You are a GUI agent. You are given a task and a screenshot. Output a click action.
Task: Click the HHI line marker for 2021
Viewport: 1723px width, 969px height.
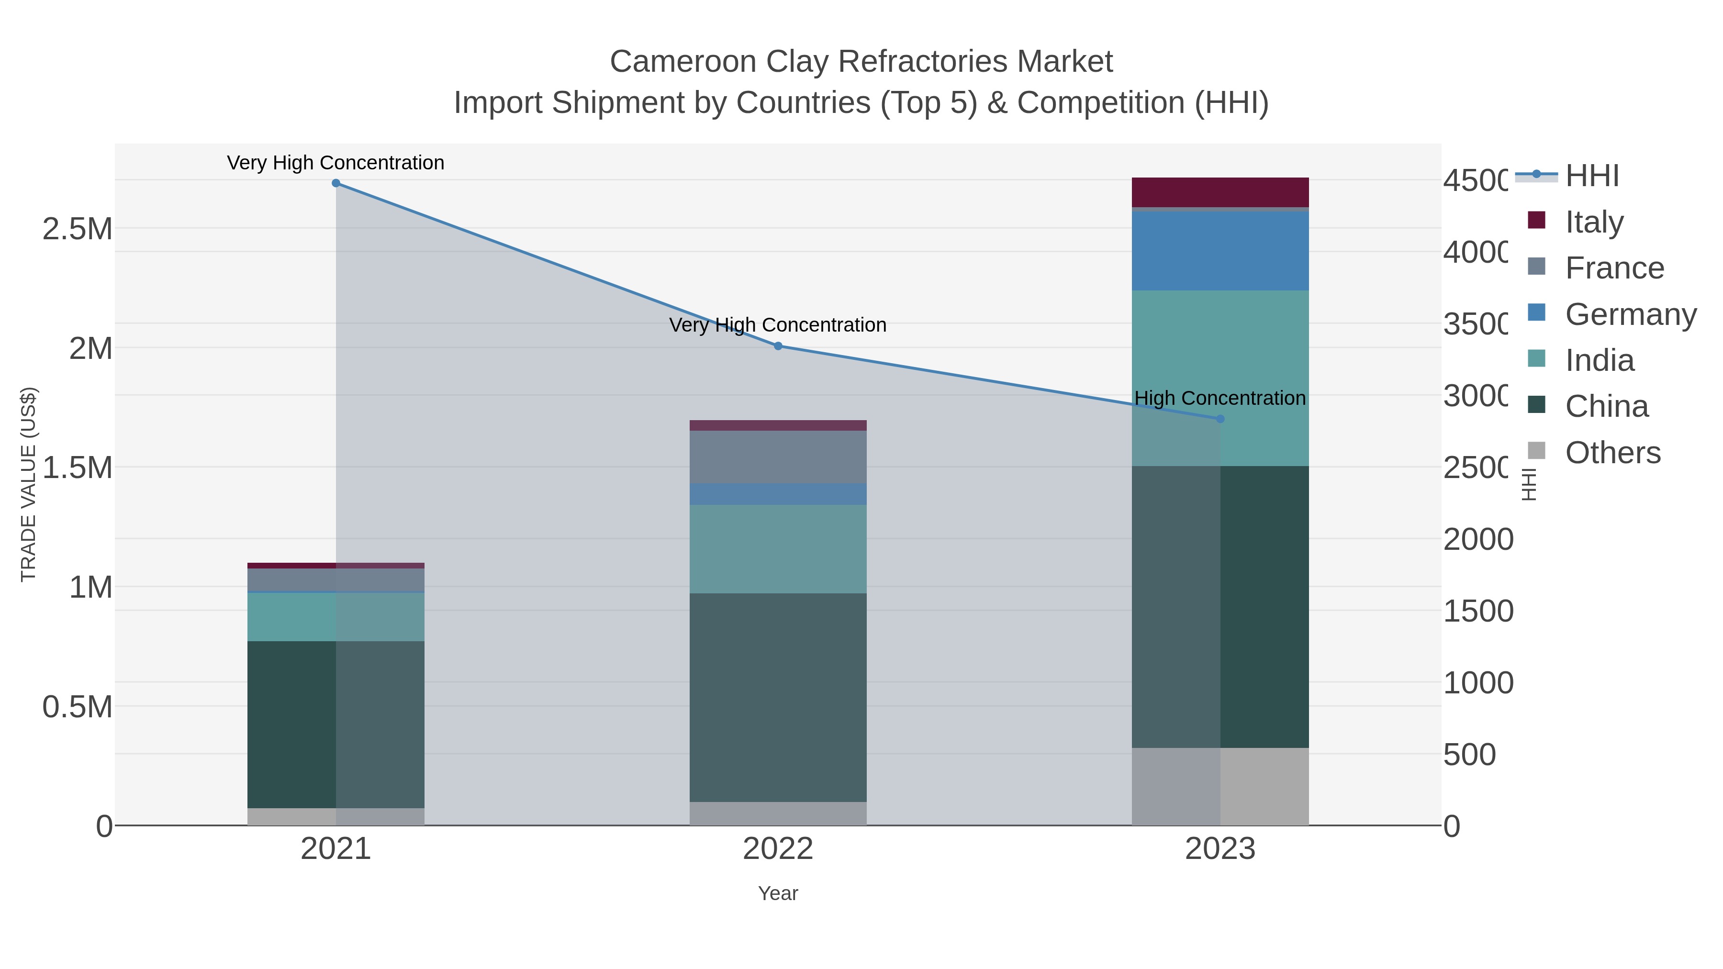(336, 183)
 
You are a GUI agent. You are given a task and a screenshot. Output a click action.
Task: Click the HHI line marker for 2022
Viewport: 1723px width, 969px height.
(778, 346)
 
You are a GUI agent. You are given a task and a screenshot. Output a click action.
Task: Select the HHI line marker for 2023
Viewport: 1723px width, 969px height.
(1220, 419)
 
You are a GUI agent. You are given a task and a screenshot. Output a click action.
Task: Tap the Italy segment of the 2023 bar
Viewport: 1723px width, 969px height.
(1220, 192)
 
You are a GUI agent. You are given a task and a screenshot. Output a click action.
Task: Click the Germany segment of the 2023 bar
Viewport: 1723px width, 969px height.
(1220, 251)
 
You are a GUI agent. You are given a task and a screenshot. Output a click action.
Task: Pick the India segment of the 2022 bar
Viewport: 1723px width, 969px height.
(778, 549)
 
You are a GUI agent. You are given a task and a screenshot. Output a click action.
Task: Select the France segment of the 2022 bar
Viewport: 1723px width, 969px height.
(778, 457)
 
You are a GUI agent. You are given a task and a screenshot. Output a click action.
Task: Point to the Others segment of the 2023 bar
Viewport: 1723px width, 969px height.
(1220, 786)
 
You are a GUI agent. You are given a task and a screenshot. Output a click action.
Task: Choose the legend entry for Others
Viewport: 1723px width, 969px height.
(1612, 453)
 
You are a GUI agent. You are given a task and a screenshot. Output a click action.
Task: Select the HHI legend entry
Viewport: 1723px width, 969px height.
(1591, 176)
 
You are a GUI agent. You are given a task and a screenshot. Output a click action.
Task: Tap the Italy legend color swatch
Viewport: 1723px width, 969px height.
(1536, 221)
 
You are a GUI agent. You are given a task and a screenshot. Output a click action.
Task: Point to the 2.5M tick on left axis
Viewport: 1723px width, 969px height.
(78, 229)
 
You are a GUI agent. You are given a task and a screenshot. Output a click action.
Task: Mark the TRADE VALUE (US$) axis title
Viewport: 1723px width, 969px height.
(29, 484)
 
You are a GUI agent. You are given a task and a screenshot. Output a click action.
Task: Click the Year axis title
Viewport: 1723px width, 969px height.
(778, 893)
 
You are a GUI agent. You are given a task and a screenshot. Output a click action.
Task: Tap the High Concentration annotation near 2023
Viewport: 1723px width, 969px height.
(1220, 399)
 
